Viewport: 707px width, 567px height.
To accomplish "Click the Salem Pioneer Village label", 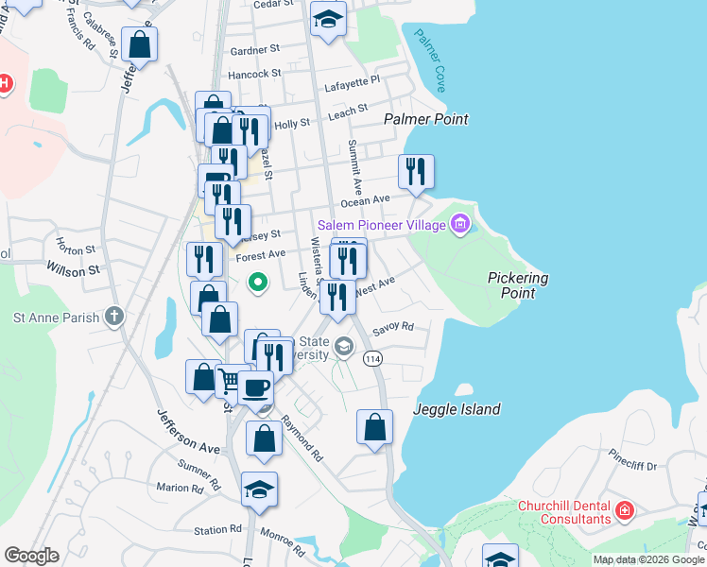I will [x=383, y=225].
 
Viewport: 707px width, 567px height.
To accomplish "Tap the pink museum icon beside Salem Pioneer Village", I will [x=460, y=225].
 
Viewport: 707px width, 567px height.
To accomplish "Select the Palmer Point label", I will [x=425, y=119].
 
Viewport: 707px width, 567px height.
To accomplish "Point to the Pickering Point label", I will [x=518, y=285].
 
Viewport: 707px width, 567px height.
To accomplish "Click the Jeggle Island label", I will [x=457, y=409].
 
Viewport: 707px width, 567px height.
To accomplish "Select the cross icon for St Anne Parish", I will [x=114, y=316].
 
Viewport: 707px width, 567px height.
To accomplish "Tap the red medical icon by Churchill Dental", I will [x=624, y=511].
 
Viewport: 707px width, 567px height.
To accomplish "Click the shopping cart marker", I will [x=232, y=380].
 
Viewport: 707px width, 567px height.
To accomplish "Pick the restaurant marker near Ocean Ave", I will [x=416, y=171].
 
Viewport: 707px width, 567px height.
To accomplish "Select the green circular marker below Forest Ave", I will [x=256, y=282].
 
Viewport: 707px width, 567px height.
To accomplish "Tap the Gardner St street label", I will [x=255, y=49].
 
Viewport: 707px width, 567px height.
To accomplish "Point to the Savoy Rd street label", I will [x=393, y=328].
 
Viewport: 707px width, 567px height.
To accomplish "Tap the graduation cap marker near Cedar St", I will [x=328, y=18].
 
